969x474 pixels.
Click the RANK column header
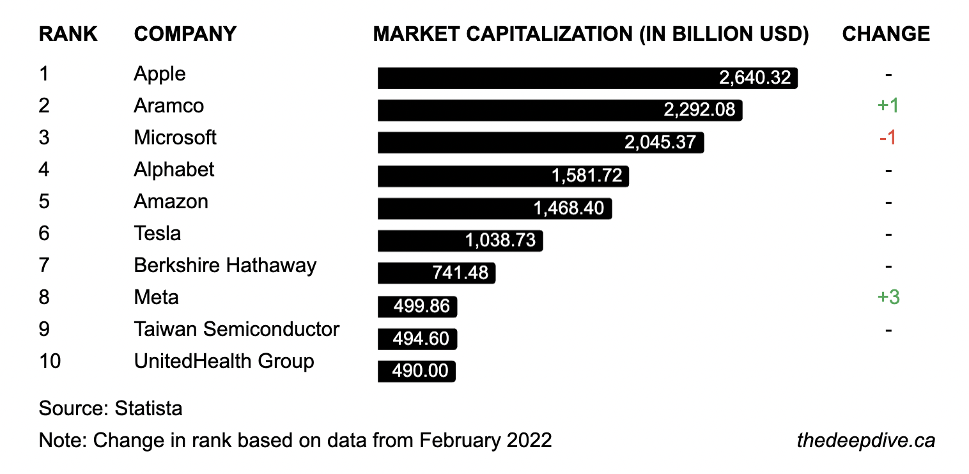click(68, 34)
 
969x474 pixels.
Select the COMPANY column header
click(185, 34)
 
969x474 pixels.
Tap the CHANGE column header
click(886, 34)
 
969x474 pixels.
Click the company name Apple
click(160, 74)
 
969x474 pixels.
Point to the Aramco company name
click(169, 106)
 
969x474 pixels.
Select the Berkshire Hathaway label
click(225, 266)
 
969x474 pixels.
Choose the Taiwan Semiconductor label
click(236, 330)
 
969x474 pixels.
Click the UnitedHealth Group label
click(224, 362)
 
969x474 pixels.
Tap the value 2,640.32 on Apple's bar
click(755, 78)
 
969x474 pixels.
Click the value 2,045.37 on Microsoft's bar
click(660, 142)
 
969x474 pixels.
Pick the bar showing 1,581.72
click(503, 176)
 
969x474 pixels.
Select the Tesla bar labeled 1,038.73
click(460, 241)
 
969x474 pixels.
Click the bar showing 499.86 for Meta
click(417, 307)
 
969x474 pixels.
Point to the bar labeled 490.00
click(416, 371)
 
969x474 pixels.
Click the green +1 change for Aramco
click(888, 106)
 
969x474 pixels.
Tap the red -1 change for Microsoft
click(888, 138)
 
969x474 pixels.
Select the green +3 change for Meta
click(888, 298)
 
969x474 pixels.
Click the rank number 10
click(50, 362)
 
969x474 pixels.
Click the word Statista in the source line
click(148, 408)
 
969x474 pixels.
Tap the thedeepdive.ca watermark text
click(866, 441)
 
